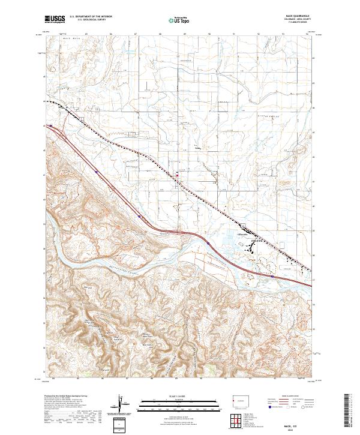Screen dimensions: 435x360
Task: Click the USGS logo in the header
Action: coord(55,20)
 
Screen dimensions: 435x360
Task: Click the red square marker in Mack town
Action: coord(176,175)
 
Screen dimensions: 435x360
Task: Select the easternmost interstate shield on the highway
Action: coord(273,277)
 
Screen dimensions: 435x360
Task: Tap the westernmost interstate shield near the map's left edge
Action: coord(52,126)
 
